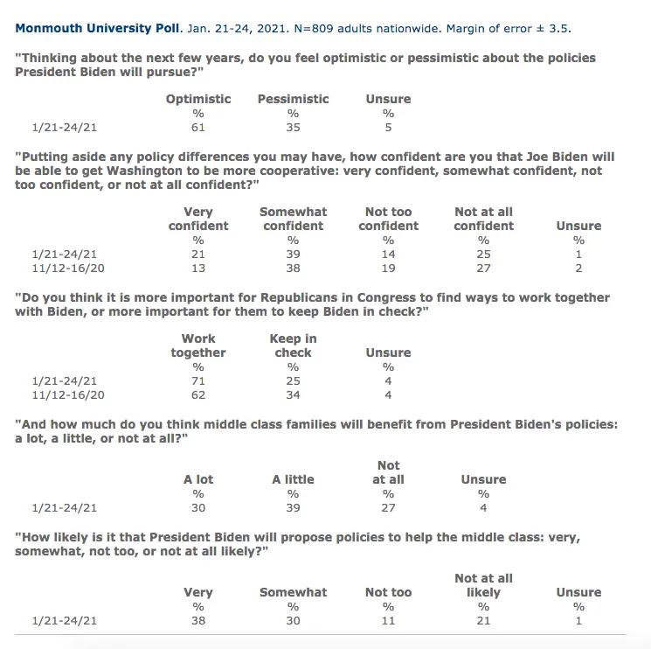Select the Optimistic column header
(x=198, y=99)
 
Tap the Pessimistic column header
(x=293, y=99)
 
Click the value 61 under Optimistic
(x=198, y=127)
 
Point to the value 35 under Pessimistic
(x=293, y=127)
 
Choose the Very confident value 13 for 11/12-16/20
(x=198, y=268)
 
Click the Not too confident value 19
(x=388, y=268)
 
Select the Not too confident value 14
(x=388, y=254)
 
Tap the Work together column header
(x=198, y=345)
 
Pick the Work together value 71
(x=198, y=380)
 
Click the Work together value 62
(x=198, y=394)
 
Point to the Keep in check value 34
(x=293, y=394)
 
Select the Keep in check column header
(x=293, y=345)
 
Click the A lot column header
(x=198, y=479)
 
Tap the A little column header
(x=293, y=479)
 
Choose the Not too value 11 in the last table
(x=388, y=620)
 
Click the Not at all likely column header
(x=483, y=585)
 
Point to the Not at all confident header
(x=483, y=219)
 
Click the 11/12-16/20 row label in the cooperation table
(x=64, y=268)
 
